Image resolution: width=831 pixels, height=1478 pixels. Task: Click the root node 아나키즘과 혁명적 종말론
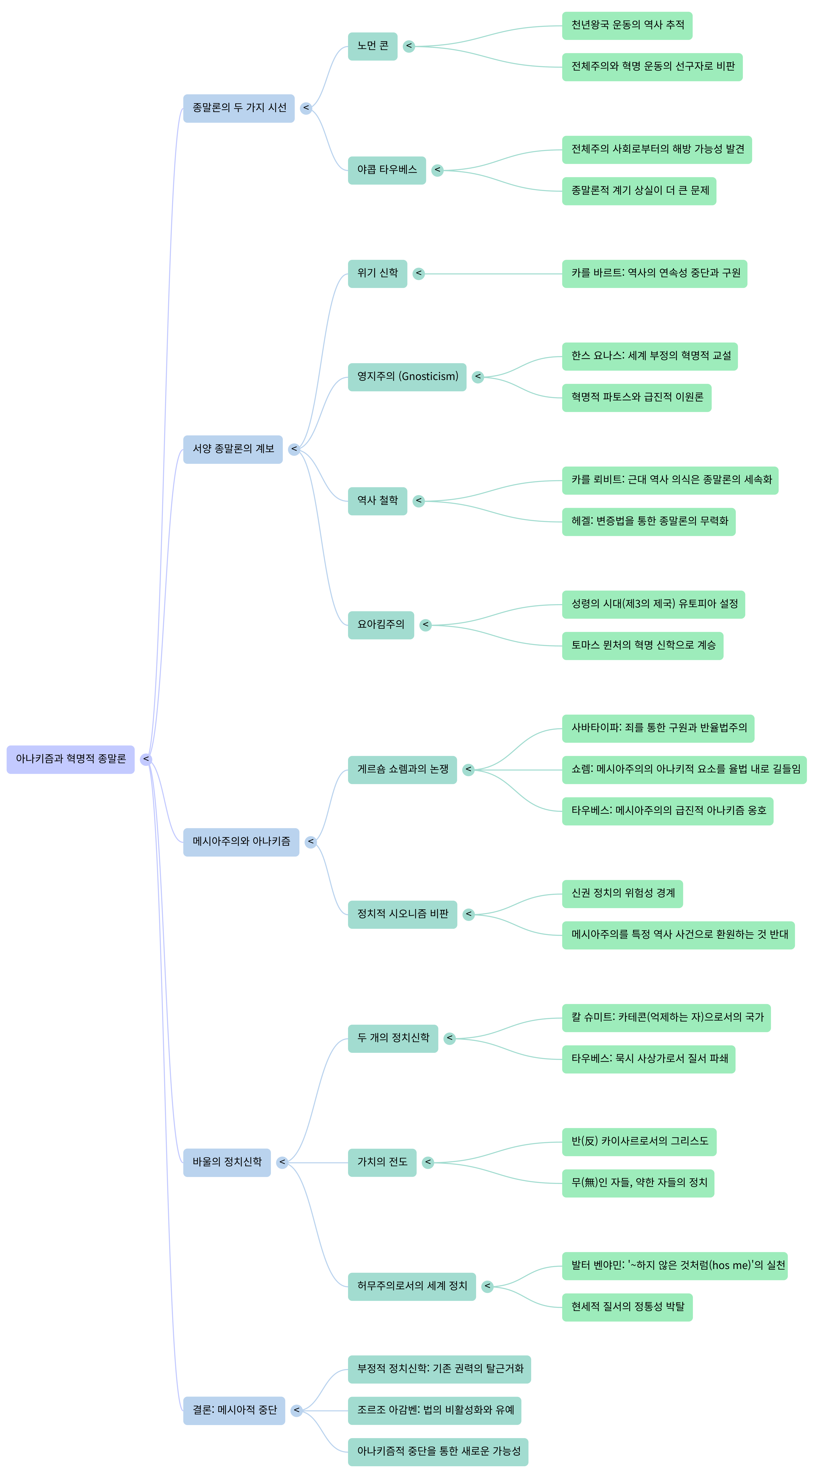coord(71,759)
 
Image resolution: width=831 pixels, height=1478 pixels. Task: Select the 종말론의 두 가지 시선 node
coord(239,108)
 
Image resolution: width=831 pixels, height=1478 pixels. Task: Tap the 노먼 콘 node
coord(372,46)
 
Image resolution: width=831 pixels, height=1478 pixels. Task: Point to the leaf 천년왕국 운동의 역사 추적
coord(627,25)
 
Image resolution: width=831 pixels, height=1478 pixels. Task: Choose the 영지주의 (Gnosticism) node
coord(407,377)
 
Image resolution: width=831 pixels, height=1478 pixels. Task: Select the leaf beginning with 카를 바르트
coord(654,273)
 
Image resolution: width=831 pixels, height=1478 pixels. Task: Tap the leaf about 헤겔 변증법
coord(649,522)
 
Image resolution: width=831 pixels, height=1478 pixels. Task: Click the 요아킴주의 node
coord(380,625)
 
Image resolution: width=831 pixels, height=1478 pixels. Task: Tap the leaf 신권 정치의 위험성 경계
coord(622,893)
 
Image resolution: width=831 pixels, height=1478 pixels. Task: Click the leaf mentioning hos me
coord(674,1266)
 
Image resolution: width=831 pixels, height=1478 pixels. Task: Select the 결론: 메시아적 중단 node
coord(234,1410)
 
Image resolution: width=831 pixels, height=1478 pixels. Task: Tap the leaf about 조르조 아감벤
coord(434,1410)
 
